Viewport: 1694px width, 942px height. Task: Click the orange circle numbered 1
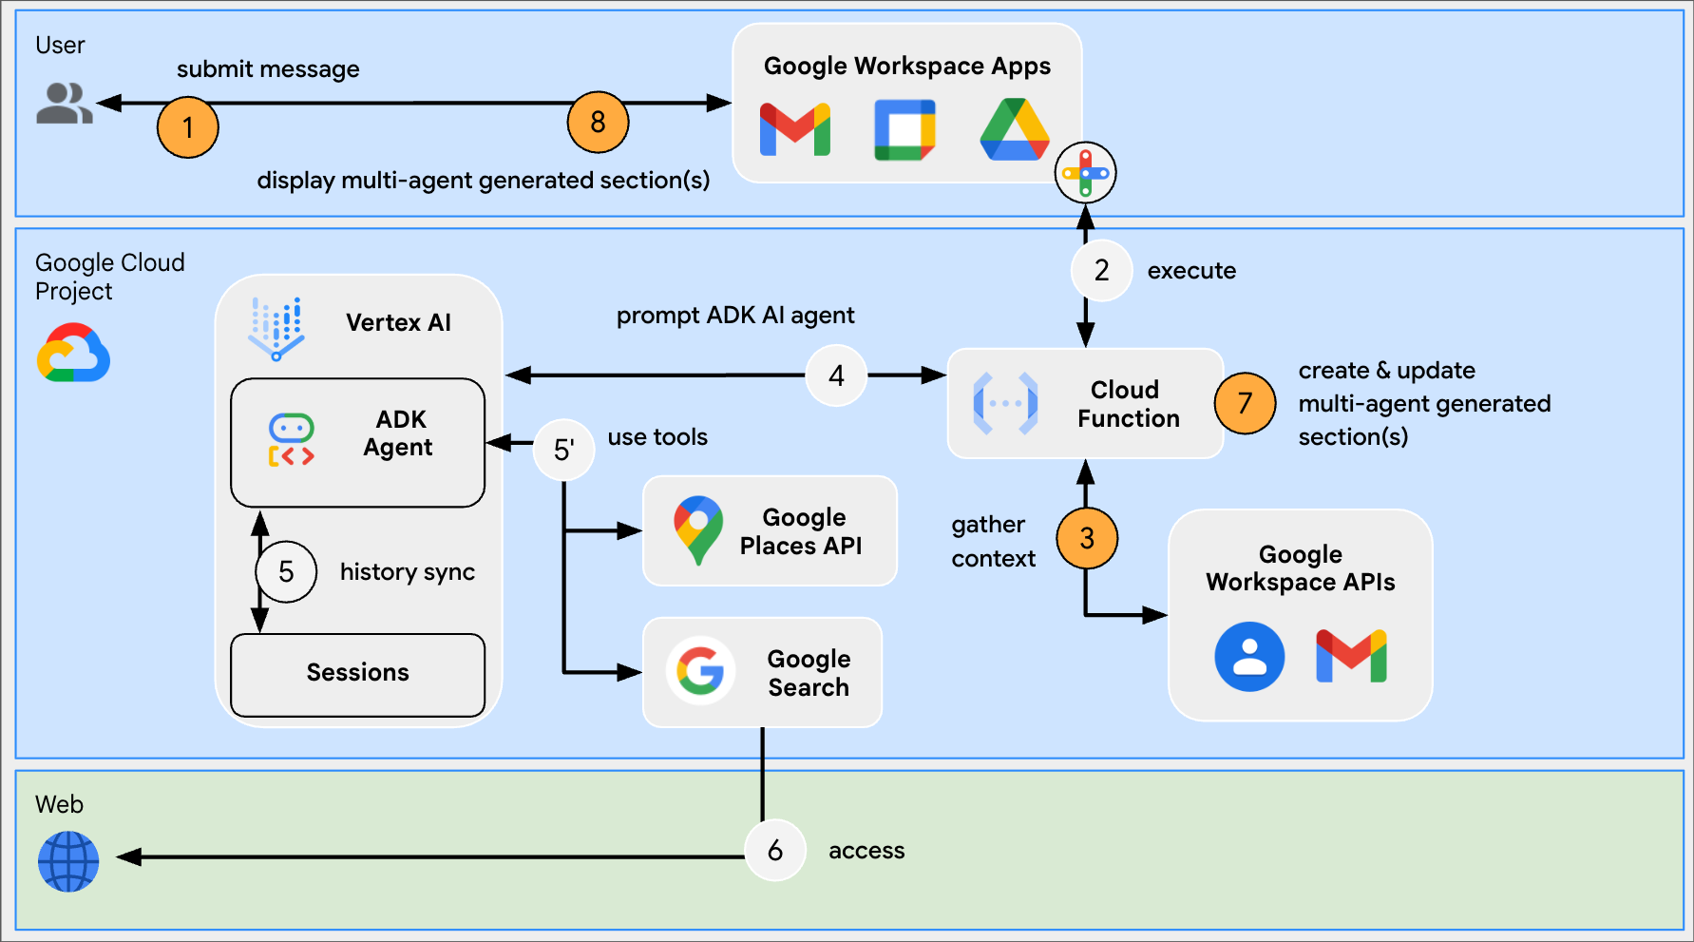point(188,127)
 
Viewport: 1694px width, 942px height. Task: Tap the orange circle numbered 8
point(598,122)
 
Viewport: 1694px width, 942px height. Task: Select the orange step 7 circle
point(1245,403)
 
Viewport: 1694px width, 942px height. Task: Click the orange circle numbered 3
point(1087,538)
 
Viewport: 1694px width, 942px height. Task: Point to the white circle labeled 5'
point(563,450)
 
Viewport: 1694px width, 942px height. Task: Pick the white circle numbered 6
point(774,850)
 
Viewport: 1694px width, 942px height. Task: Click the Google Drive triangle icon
point(1015,130)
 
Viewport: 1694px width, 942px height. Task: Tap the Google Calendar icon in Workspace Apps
point(904,130)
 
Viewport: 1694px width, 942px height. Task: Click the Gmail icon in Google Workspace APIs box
point(1351,656)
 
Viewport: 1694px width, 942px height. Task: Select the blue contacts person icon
point(1249,656)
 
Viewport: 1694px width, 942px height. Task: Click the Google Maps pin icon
point(698,529)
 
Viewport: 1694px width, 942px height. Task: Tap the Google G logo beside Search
point(701,671)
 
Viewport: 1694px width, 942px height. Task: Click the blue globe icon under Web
point(68,861)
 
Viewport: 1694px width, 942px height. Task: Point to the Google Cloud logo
point(73,353)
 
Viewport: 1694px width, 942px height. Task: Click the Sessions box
point(358,674)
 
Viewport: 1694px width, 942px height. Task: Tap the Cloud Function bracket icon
point(1005,403)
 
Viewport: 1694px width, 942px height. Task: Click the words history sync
point(407,571)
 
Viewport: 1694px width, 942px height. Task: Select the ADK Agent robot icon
point(291,439)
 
